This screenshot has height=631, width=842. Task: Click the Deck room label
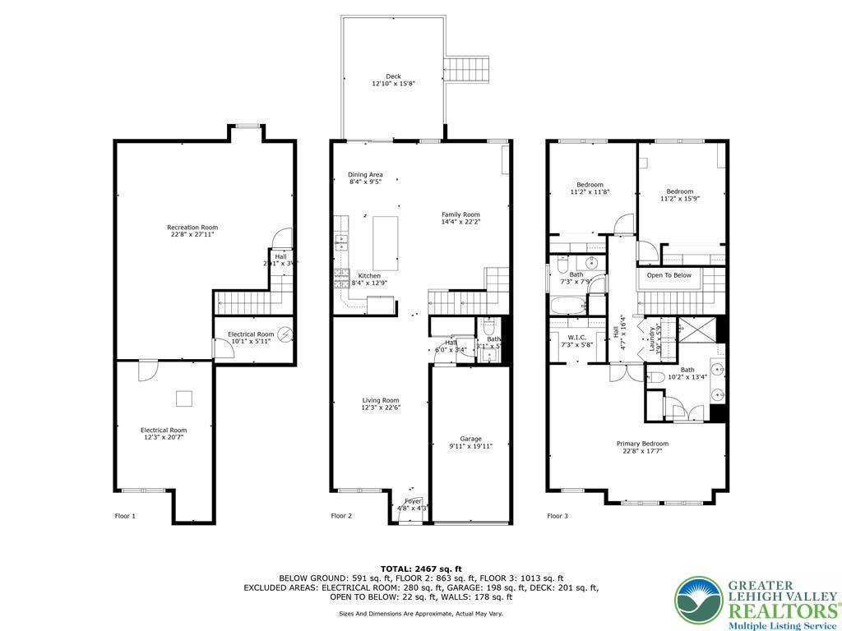click(x=393, y=80)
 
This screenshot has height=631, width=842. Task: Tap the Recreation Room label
click(x=192, y=231)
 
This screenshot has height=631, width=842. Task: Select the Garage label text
click(x=470, y=442)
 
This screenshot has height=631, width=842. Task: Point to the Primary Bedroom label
click(x=642, y=447)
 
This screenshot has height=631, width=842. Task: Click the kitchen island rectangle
click(x=386, y=242)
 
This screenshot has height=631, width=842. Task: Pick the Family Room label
click(x=460, y=218)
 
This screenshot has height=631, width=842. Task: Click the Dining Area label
click(x=365, y=178)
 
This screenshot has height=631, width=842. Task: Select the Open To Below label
click(x=669, y=275)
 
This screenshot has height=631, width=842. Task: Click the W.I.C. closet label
click(x=576, y=340)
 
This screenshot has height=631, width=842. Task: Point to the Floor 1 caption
click(x=124, y=516)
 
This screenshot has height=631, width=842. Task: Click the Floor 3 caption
click(x=557, y=516)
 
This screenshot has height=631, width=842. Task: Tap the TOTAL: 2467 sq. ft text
click(x=421, y=569)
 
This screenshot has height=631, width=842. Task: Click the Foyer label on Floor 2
click(x=413, y=504)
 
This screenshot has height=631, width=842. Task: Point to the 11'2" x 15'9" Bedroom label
click(x=680, y=195)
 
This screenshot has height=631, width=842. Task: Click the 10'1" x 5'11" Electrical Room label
click(x=251, y=338)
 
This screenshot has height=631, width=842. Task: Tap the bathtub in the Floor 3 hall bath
click(x=567, y=307)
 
